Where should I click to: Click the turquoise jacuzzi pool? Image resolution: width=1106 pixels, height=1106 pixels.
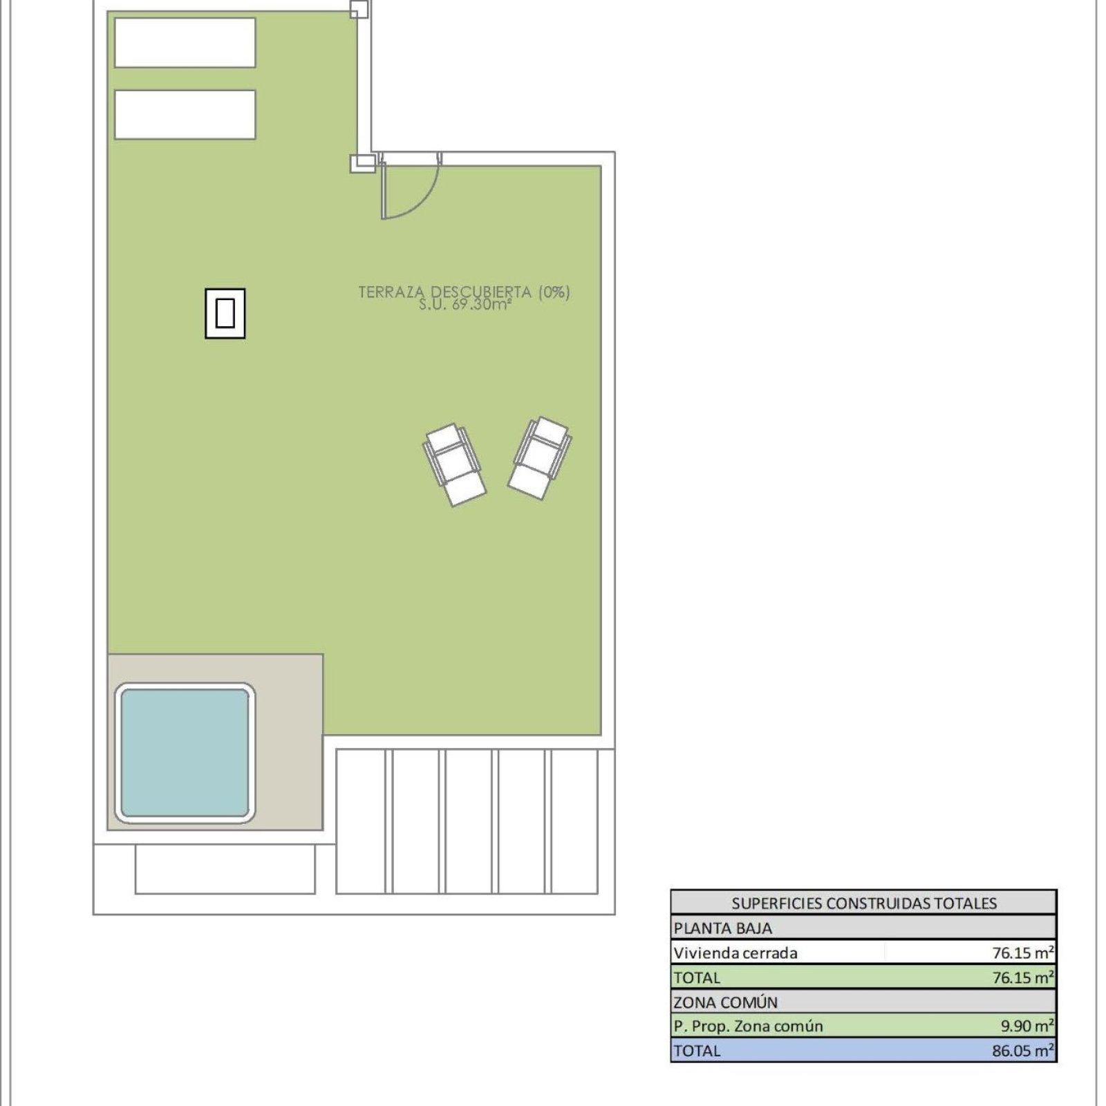pyautogui.click(x=185, y=753)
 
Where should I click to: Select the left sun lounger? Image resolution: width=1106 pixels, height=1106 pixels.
pyautogui.click(x=454, y=465)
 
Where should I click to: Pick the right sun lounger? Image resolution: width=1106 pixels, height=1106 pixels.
pyautogui.click(x=540, y=458)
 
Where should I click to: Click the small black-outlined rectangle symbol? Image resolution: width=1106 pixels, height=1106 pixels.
pyautogui.click(x=225, y=313)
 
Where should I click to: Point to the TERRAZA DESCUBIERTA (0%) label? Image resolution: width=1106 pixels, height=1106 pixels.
pyautogui.click(x=464, y=292)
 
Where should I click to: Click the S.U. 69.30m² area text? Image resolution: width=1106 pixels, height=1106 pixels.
pyautogui.click(x=465, y=305)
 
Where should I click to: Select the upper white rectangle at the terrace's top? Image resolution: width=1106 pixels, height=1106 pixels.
pyautogui.click(x=185, y=43)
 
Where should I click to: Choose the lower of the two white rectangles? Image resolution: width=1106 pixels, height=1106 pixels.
pyautogui.click(x=185, y=115)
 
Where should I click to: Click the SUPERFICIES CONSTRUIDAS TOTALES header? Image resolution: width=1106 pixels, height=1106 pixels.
pyautogui.click(x=864, y=903)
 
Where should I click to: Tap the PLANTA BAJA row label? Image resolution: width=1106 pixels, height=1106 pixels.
pyautogui.click(x=723, y=928)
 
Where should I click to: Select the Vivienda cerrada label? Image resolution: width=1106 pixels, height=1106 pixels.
pyautogui.click(x=735, y=953)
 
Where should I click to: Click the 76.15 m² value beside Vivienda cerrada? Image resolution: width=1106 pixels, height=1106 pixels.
pyautogui.click(x=1023, y=953)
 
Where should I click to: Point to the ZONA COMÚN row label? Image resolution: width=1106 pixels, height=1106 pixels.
pyautogui.click(x=726, y=1002)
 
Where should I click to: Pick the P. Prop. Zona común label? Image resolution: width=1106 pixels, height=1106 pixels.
pyautogui.click(x=749, y=1026)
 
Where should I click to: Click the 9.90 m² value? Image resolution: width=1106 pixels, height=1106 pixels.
pyautogui.click(x=1027, y=1026)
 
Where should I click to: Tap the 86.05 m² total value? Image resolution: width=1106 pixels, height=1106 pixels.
pyautogui.click(x=1023, y=1051)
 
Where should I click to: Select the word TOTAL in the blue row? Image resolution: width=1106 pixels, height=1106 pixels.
pyautogui.click(x=697, y=1051)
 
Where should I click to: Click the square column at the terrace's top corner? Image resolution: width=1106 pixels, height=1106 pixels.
pyautogui.click(x=359, y=9)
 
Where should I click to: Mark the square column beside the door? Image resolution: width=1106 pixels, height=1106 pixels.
pyautogui.click(x=363, y=163)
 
